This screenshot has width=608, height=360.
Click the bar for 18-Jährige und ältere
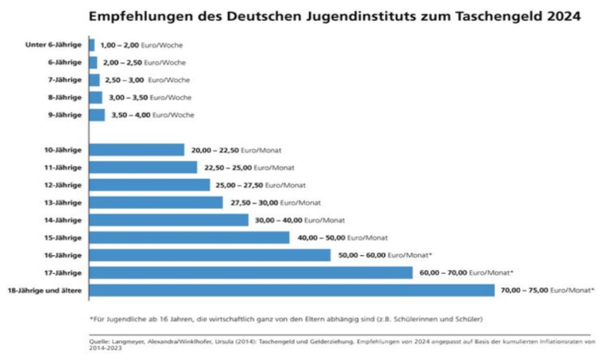coord(291,290)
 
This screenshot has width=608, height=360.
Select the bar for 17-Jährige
coord(250,272)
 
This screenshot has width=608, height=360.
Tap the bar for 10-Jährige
coord(136,150)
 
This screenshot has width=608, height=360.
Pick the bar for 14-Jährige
coord(168,220)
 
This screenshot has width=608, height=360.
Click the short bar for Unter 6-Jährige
coord(91,44)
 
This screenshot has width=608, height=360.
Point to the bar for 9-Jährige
coord(96,114)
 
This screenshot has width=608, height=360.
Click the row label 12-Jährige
coord(63,185)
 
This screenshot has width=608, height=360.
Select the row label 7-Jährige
coord(67,79)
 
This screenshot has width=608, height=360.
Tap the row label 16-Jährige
coord(63,254)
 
